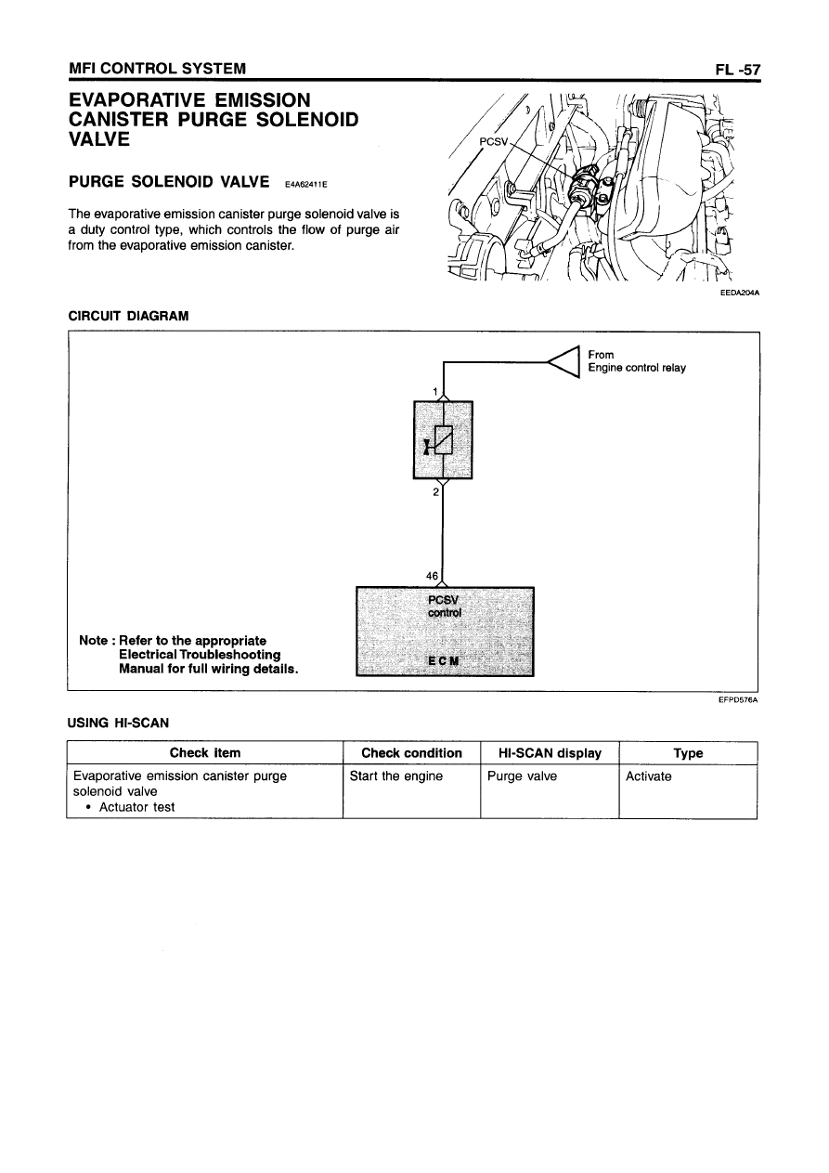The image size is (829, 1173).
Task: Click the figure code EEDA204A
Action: click(x=739, y=294)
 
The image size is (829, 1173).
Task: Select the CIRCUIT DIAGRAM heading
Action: click(x=128, y=316)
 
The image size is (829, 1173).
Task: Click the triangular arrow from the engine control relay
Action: click(x=564, y=360)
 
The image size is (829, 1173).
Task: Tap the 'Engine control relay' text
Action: click(x=637, y=368)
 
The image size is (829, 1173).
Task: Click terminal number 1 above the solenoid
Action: click(x=436, y=391)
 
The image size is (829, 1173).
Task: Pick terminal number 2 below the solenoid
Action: click(x=436, y=492)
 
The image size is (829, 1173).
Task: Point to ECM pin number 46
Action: click(x=432, y=576)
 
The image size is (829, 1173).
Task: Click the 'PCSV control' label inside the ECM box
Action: click(x=445, y=606)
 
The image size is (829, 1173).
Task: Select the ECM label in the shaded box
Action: click(x=444, y=659)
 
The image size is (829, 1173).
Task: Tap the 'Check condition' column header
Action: click(x=411, y=753)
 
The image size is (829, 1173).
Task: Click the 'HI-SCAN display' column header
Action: click(x=550, y=753)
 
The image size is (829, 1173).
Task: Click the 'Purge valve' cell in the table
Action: click(x=522, y=776)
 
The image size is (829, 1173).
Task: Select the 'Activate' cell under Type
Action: click(x=648, y=776)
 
